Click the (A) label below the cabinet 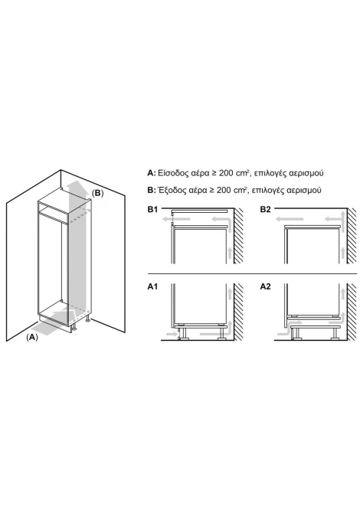(32, 338)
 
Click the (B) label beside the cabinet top (97, 193)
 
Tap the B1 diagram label (152, 209)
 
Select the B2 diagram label (266, 209)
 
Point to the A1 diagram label (152, 286)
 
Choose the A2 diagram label (266, 286)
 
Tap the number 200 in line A (226, 173)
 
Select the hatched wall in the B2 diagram (352, 236)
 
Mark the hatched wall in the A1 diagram (239, 312)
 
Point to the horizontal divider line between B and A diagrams (252, 273)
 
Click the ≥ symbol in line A (213, 173)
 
